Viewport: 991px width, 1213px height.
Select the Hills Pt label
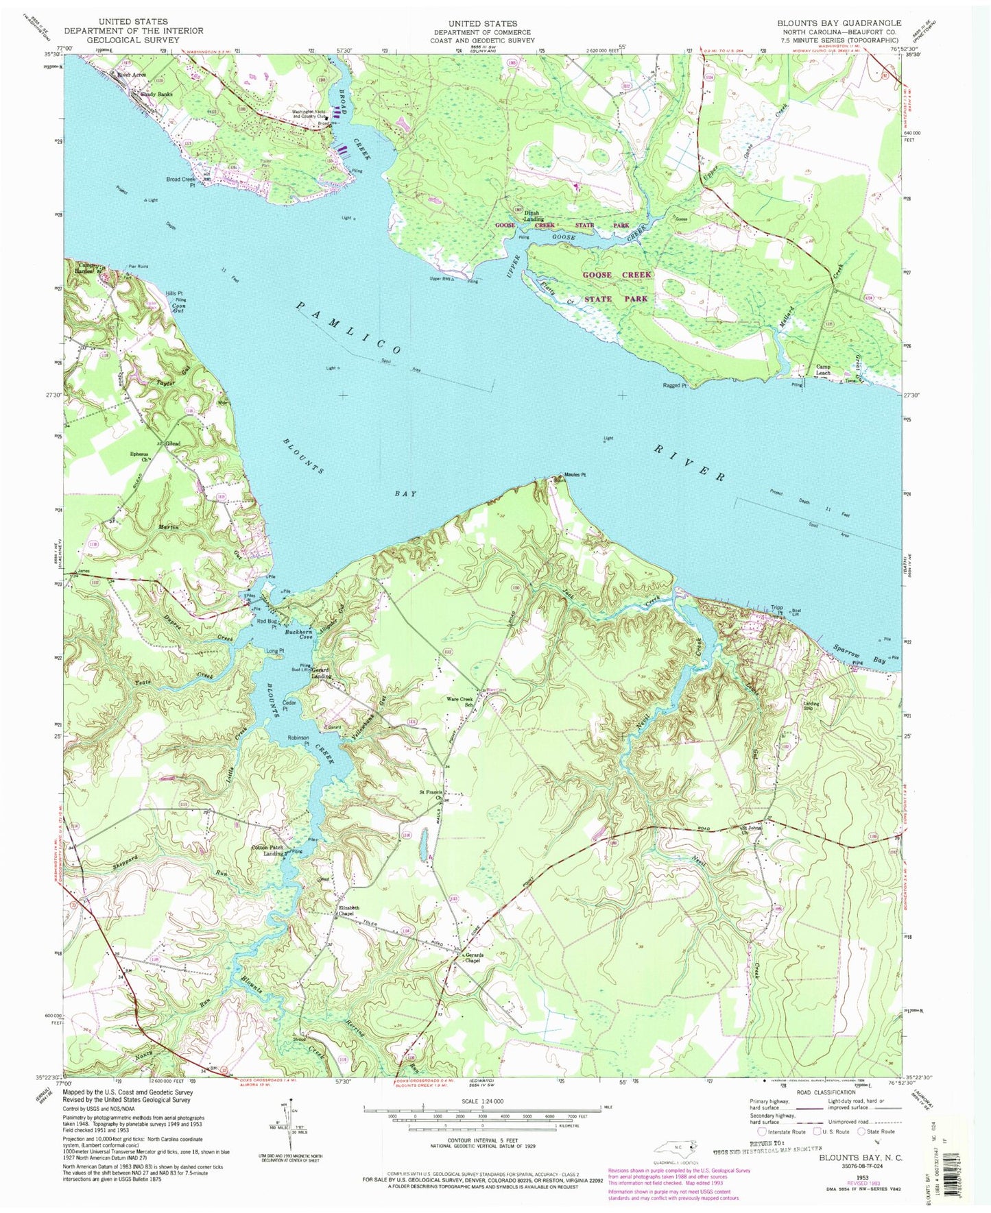[174, 293]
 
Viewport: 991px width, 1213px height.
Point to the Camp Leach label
[823, 369]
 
